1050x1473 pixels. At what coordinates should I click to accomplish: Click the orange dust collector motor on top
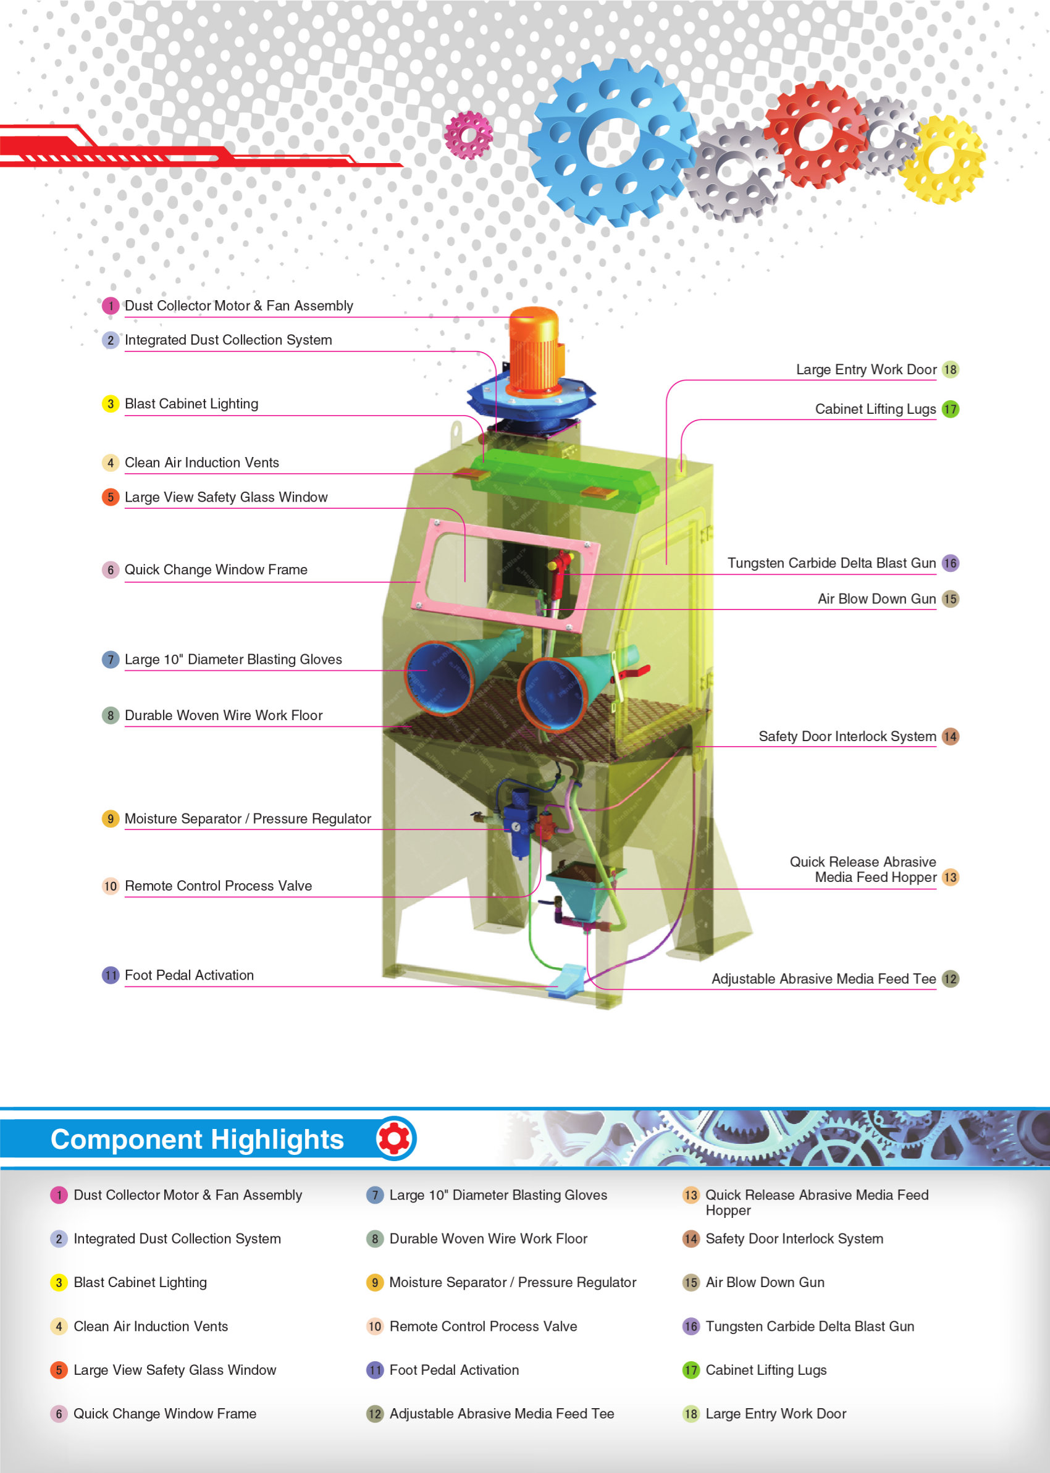pos(534,350)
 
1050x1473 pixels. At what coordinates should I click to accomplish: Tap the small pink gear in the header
pos(468,135)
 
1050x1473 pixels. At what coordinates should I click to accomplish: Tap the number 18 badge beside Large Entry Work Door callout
pos(949,370)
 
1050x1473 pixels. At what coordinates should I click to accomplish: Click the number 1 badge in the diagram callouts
pos(111,306)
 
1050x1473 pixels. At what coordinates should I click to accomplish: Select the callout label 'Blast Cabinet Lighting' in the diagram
pos(191,404)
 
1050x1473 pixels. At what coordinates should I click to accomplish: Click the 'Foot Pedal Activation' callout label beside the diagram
pos(189,975)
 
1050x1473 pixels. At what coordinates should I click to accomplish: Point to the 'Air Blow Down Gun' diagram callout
pos(876,599)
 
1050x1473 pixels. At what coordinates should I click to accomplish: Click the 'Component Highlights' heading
pos(197,1139)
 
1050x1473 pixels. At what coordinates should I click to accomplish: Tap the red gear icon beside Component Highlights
pos(395,1139)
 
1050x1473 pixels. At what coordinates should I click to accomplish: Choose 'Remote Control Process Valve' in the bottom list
pos(483,1326)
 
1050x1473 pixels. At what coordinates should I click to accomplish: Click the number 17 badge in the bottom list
pos(691,1370)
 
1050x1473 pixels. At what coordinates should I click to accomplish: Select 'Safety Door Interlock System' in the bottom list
pos(794,1238)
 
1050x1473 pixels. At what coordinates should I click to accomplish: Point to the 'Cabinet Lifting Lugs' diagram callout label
pos(875,409)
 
